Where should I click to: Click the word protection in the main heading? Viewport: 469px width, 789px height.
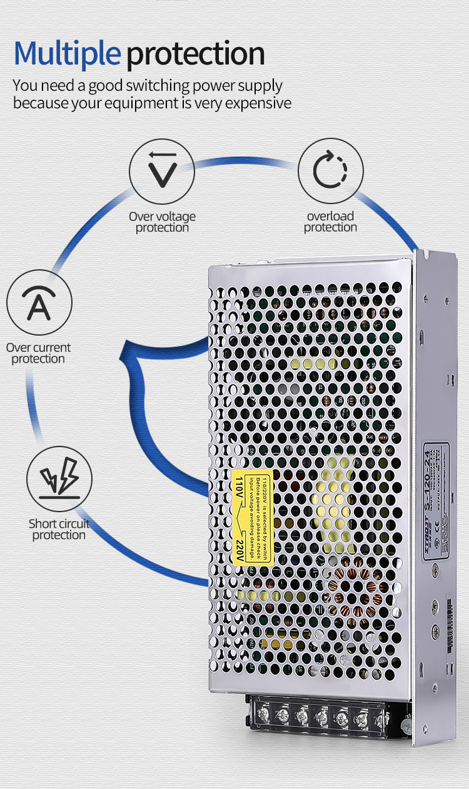(196, 54)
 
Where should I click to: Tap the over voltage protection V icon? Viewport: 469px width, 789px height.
(162, 171)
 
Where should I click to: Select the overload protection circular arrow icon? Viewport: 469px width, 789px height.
(330, 171)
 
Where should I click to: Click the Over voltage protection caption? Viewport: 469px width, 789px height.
(162, 222)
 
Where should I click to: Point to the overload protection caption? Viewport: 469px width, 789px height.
(330, 222)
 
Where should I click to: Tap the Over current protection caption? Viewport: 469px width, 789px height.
(38, 353)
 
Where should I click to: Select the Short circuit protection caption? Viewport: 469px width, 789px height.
(59, 529)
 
